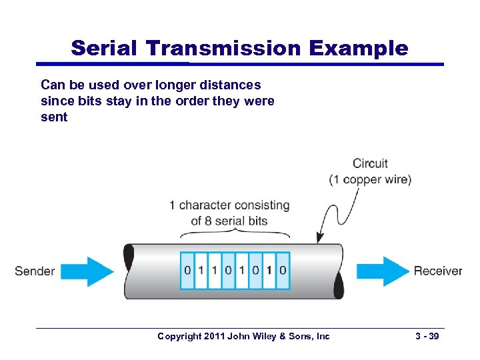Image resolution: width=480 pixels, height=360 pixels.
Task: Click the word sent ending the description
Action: point(54,117)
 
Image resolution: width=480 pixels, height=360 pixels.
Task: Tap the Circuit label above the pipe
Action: point(370,163)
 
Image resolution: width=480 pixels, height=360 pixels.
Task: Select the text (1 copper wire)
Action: point(370,179)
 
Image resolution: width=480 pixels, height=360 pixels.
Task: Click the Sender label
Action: point(35,271)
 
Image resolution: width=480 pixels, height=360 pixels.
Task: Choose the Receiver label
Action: point(438,271)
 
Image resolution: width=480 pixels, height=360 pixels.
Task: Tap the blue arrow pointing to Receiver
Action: point(382,271)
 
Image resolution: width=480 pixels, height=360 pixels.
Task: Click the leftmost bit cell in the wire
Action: point(187,271)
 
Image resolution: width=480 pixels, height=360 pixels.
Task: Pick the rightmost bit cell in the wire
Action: point(283,271)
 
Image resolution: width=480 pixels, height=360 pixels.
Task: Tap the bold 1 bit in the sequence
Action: point(269,271)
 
